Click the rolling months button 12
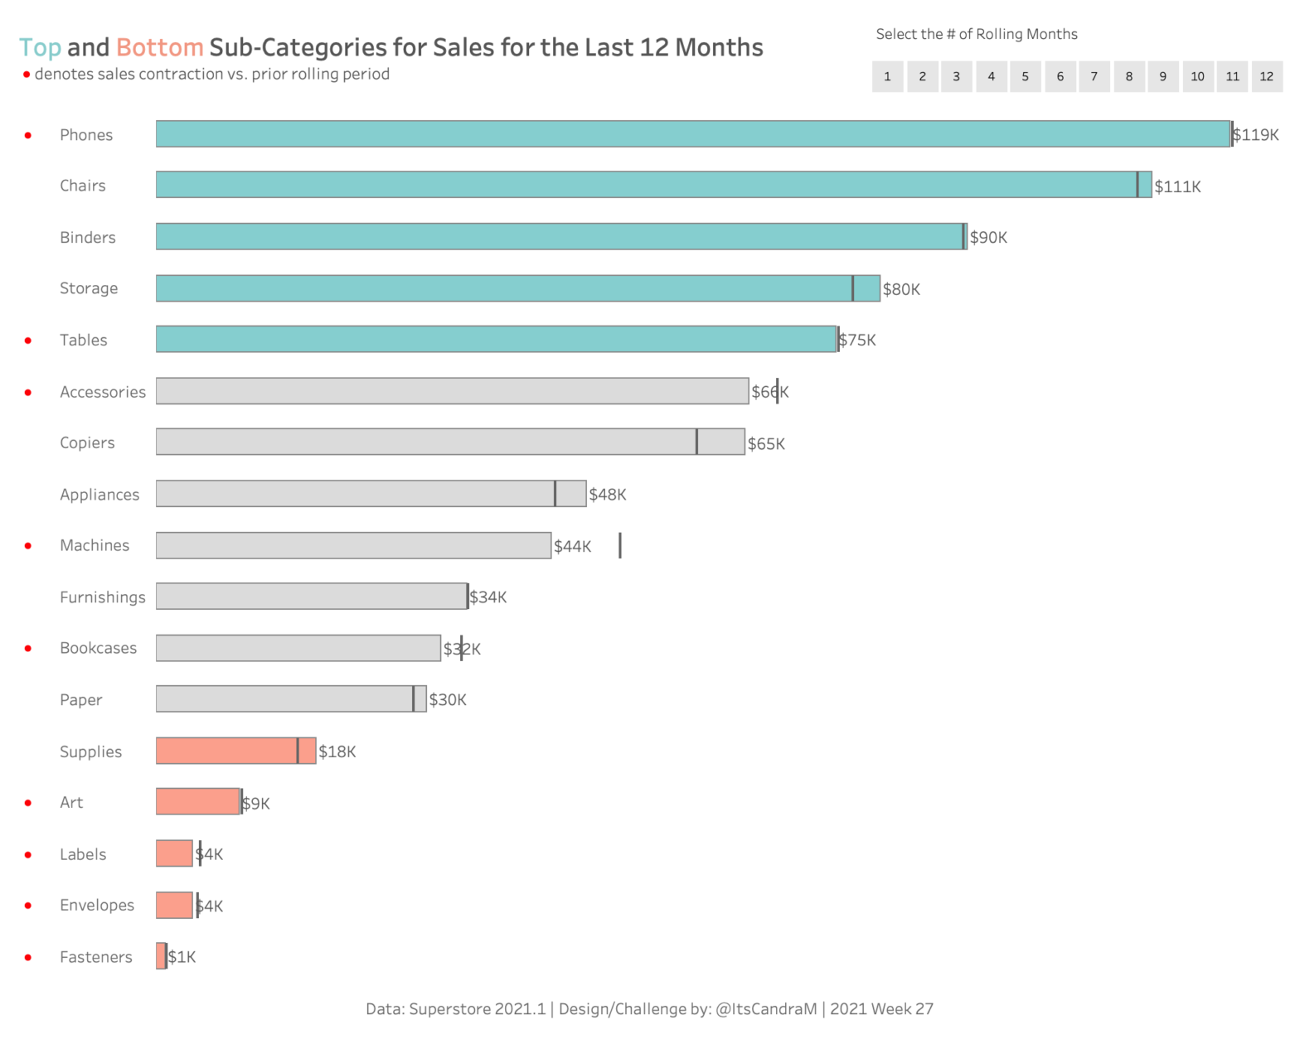pos(1266,76)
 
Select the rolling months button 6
pos(1060,76)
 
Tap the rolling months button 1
pos(887,76)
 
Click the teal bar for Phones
pos(692,134)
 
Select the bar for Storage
pos(517,288)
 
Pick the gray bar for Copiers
pos(450,442)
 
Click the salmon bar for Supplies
pos(235,751)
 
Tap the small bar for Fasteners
pos(161,956)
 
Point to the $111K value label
pos(1177,186)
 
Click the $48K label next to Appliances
pos(608,495)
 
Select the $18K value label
pos(337,751)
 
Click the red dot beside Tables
pos(28,341)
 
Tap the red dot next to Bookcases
pos(28,649)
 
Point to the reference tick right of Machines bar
pos(620,545)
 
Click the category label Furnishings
pos(102,597)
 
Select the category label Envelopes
pos(96,906)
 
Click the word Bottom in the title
pos(159,48)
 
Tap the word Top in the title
pos(40,48)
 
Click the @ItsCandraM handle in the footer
pos(766,1009)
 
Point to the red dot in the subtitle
pos(27,75)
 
